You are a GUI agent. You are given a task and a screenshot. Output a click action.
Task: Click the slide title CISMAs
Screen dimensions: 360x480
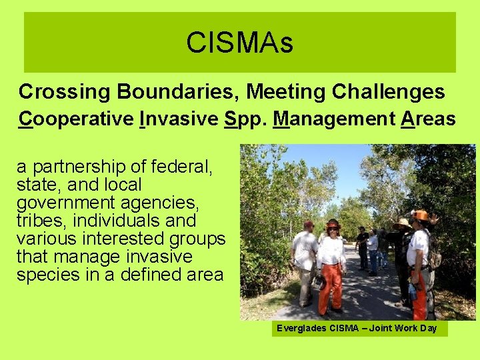(239, 43)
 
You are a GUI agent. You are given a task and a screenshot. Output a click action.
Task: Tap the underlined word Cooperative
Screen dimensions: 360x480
(76, 119)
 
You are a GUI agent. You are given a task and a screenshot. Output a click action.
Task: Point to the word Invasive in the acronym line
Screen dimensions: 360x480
(179, 119)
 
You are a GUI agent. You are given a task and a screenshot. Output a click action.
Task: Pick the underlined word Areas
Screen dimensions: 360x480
(427, 119)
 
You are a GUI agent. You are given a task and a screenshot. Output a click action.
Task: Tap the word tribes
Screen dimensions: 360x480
(39, 221)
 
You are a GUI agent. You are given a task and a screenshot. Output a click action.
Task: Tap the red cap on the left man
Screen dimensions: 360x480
(308, 225)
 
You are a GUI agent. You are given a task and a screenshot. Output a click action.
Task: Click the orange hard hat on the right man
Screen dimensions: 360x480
(421, 215)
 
